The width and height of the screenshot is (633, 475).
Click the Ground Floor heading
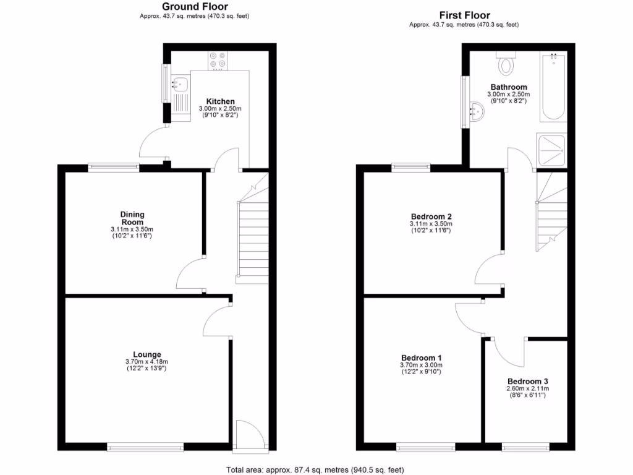pyautogui.click(x=195, y=7)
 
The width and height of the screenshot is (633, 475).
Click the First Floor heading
pyautogui.click(x=464, y=15)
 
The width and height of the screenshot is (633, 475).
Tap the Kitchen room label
pyautogui.click(x=220, y=101)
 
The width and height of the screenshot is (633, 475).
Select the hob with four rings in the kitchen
pyautogui.click(x=218, y=59)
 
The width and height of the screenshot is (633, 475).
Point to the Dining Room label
pyautogui.click(x=132, y=218)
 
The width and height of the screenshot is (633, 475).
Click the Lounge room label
pyautogui.click(x=147, y=354)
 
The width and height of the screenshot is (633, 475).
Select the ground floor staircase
pyautogui.click(x=253, y=238)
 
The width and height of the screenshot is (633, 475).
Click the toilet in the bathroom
pyautogui.click(x=507, y=63)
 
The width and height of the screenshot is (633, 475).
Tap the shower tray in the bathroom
pyautogui.click(x=552, y=150)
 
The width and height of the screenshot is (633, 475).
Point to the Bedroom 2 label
pyautogui.click(x=431, y=216)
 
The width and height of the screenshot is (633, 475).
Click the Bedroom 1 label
pyautogui.click(x=421, y=358)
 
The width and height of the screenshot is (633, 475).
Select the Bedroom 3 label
pyautogui.click(x=527, y=381)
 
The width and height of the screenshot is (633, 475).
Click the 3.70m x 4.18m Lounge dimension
pyautogui.click(x=147, y=362)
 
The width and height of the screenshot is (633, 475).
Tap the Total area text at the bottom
pyautogui.click(x=316, y=469)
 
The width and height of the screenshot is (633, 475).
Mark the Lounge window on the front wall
pyautogui.click(x=145, y=446)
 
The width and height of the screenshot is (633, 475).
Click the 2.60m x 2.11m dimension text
pyautogui.click(x=527, y=388)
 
